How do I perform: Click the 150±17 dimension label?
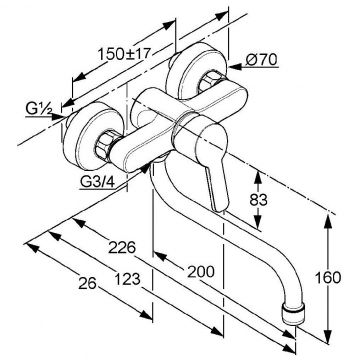[124, 54]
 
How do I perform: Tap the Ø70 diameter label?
[261, 60]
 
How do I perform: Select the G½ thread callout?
[38, 109]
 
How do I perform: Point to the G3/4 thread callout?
[97, 182]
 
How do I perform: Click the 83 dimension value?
[258, 200]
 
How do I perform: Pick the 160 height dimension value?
[328, 278]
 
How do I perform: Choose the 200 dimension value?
[201, 272]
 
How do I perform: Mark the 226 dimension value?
[122, 247]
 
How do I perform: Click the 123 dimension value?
[127, 279]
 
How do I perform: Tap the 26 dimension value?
[87, 283]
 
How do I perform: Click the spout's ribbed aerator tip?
[294, 313]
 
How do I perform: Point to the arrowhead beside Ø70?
[235, 67]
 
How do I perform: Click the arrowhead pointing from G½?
[59, 117]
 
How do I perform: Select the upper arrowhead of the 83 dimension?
[257, 176]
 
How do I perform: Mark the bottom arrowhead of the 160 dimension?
[328, 336]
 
